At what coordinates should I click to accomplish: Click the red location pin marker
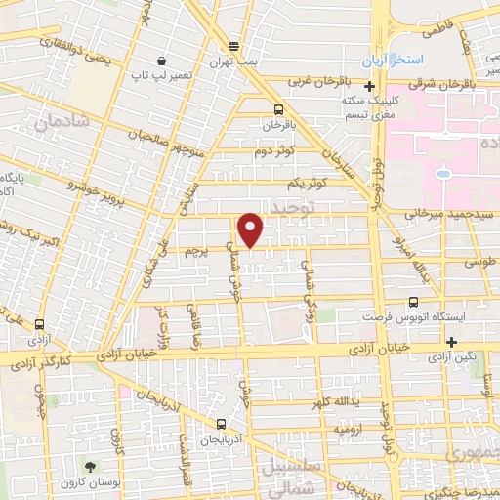tap(251, 229)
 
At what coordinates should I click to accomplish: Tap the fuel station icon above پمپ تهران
tap(233, 46)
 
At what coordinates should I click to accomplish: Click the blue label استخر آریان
tap(385, 62)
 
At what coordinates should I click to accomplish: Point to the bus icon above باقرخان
tap(279, 109)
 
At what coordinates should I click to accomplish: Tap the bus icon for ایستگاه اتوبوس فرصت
tap(414, 303)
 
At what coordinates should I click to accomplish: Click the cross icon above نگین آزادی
tap(452, 342)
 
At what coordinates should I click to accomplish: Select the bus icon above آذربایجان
tap(222, 424)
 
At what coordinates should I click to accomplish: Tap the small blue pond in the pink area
tap(443, 174)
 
